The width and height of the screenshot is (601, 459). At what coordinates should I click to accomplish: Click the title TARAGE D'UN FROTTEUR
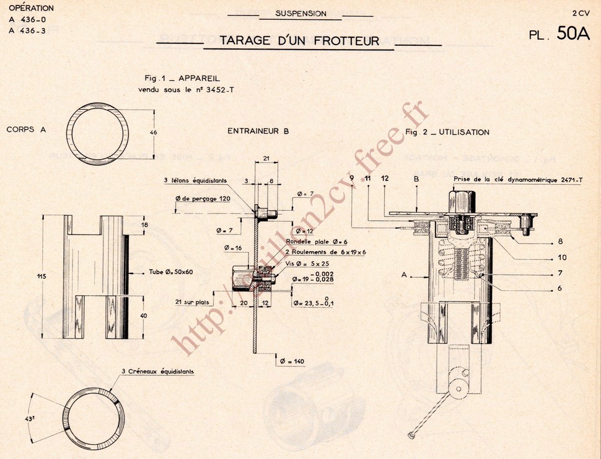coord(299,41)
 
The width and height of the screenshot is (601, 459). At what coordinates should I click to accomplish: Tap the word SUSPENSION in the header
coord(300,14)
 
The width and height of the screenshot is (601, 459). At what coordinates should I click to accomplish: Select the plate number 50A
coord(574,34)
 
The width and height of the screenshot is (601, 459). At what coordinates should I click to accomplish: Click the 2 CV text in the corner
coord(581,12)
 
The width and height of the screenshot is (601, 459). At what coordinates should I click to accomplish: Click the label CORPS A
coord(27,130)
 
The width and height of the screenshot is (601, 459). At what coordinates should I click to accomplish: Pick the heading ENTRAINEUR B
coord(258,131)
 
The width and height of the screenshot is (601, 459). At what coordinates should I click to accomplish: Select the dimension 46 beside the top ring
coord(154,132)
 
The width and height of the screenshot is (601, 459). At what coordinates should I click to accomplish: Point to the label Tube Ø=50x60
coord(171,272)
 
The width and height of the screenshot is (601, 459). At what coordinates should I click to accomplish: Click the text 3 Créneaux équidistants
coord(158,372)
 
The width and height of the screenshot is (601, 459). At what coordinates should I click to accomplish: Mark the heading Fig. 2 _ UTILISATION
coord(447,132)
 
